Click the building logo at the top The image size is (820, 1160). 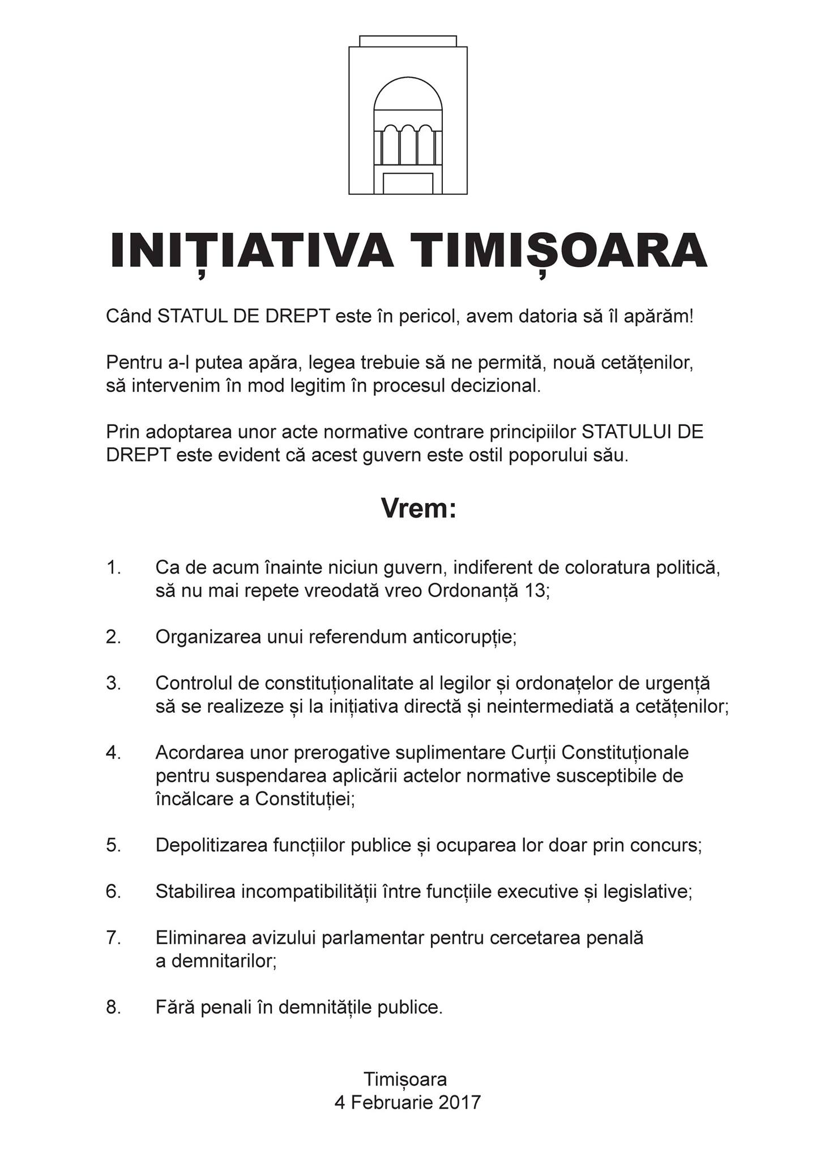[x=408, y=115]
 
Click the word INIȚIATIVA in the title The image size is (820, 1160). [x=251, y=250]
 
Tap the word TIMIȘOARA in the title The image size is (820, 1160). [x=559, y=250]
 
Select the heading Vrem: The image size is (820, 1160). [x=418, y=509]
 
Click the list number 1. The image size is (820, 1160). [x=113, y=568]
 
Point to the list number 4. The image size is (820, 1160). [x=113, y=753]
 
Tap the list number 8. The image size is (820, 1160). [x=113, y=1008]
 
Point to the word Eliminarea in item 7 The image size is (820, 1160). [x=200, y=938]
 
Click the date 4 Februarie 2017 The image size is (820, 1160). [x=407, y=1102]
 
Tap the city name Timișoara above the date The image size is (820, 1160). [x=405, y=1079]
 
